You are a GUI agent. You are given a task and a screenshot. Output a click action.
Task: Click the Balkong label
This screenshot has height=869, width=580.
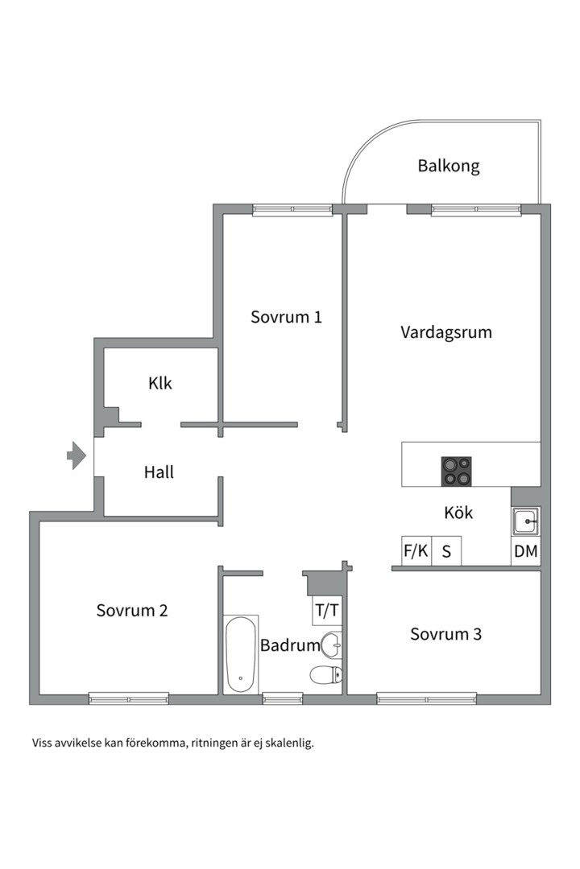point(449,167)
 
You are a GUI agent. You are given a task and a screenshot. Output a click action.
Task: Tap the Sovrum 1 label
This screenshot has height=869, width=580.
point(286,317)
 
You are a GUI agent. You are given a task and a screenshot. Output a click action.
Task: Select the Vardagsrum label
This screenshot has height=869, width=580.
point(446,332)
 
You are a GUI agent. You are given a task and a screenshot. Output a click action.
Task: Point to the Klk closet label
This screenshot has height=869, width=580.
point(159,383)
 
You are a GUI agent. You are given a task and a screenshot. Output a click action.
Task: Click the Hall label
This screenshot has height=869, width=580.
point(159,472)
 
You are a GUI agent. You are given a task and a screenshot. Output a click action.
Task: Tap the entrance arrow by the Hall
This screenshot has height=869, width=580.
point(77,455)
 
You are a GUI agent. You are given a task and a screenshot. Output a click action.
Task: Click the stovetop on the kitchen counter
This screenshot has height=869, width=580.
point(456,471)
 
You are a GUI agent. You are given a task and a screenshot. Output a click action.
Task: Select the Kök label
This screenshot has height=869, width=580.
point(458,512)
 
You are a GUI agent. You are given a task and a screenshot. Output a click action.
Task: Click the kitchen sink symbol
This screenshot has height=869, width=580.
point(525,521)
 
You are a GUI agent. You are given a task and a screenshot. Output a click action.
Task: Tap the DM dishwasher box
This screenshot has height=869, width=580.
point(525,551)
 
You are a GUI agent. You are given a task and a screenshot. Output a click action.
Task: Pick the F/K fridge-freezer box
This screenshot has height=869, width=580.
point(416,551)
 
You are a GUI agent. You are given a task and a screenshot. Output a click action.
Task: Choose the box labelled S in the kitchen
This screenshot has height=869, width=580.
point(446,551)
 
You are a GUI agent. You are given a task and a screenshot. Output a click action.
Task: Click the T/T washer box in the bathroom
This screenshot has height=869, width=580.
point(327,611)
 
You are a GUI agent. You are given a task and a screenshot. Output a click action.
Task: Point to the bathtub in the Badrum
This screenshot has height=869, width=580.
point(241,654)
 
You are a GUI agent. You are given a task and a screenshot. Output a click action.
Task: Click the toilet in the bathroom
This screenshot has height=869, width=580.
point(325,675)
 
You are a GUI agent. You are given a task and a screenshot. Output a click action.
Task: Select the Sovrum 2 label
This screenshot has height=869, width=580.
point(132,610)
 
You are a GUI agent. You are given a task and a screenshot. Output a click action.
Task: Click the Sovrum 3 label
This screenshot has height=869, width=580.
point(445,634)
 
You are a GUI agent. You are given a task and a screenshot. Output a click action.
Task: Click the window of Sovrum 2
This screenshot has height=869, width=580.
point(129,698)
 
